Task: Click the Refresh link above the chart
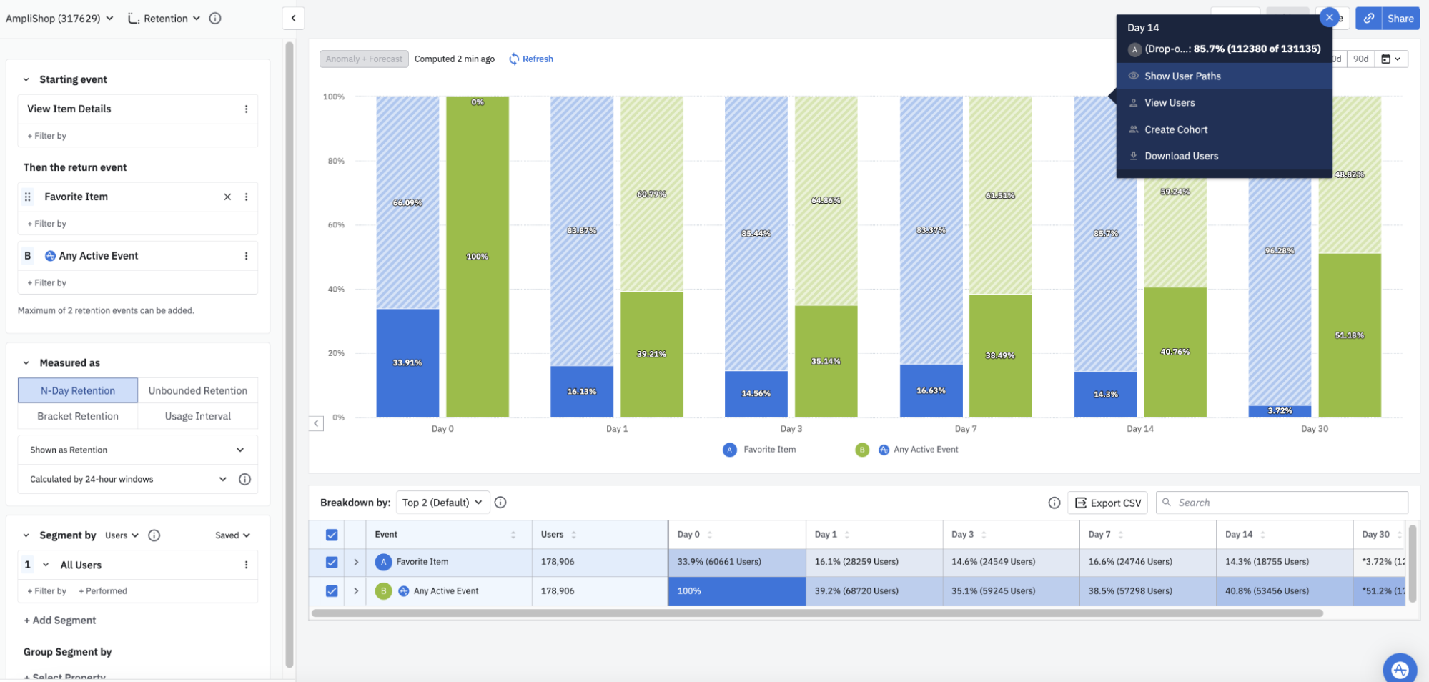point(531,59)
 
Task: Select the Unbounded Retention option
point(198,390)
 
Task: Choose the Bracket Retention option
point(78,416)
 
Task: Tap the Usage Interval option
point(198,416)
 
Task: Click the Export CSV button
point(1107,503)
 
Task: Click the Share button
point(1400,19)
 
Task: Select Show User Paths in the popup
point(1182,76)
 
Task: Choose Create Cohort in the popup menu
point(1176,129)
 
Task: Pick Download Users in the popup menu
point(1181,156)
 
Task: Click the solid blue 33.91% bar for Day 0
point(407,363)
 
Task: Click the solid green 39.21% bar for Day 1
point(651,354)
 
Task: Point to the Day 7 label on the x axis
point(965,429)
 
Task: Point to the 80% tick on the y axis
point(336,161)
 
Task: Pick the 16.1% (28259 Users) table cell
point(856,562)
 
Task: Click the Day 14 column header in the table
point(1238,534)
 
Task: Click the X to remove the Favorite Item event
point(227,197)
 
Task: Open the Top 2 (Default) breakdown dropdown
point(442,503)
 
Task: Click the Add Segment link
point(60,621)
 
